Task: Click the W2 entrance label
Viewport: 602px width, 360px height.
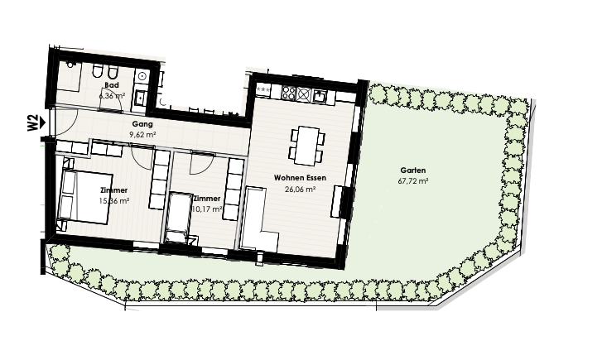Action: (32, 122)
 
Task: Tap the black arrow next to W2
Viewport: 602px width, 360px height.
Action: (42, 122)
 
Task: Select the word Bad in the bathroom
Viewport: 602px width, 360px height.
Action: (112, 84)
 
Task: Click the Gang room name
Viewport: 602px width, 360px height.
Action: (142, 124)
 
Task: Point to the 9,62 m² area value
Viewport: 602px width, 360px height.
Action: (143, 135)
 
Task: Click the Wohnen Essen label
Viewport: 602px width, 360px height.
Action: (300, 178)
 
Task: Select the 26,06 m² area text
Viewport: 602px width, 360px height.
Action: (301, 189)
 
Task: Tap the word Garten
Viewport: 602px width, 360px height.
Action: (412, 170)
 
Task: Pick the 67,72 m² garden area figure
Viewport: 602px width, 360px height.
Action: (413, 180)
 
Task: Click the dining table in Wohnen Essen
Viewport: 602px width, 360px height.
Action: (306, 146)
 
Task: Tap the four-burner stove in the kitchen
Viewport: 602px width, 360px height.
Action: (288, 94)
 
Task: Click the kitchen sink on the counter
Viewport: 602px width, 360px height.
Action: (320, 95)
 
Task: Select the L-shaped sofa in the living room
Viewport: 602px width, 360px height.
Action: (258, 218)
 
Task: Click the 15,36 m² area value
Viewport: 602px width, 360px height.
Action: (113, 201)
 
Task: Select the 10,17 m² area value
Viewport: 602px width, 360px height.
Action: (207, 209)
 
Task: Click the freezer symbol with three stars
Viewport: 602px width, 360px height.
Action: (263, 90)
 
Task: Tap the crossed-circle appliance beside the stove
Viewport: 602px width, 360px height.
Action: (304, 94)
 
